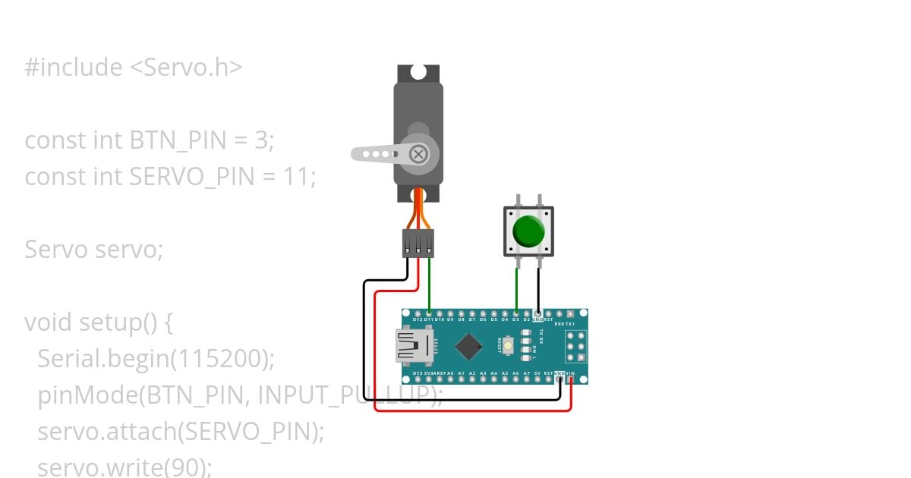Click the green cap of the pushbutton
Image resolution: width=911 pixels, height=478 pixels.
point(528,231)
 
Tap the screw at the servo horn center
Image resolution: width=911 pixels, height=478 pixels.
point(418,154)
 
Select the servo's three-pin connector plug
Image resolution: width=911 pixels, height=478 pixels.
point(418,243)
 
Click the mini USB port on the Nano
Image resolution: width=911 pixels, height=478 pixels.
point(410,347)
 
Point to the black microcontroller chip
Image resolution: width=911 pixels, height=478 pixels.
point(470,347)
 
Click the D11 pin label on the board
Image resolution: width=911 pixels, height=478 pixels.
point(429,319)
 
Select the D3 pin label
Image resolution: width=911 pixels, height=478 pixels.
point(516,319)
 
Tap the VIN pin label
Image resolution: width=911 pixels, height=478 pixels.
point(570,373)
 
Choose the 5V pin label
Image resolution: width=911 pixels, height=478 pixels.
point(537,373)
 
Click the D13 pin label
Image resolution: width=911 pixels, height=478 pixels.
point(418,373)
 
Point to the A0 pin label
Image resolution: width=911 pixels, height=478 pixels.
point(450,373)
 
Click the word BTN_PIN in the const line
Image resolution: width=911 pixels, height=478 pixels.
point(172,140)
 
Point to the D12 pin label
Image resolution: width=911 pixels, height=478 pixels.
point(418,319)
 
